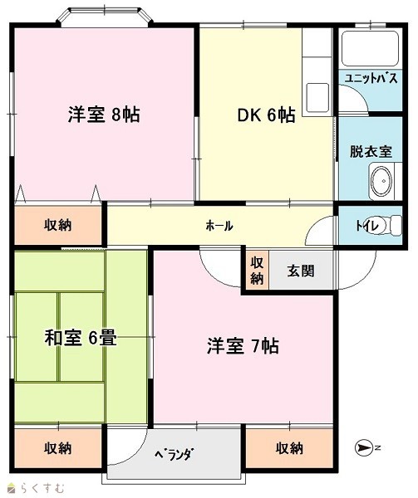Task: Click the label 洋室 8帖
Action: pyautogui.click(x=104, y=115)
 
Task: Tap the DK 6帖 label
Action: pyautogui.click(x=267, y=115)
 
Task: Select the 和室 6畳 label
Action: pyautogui.click(x=81, y=338)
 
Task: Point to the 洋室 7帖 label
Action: pyautogui.click(x=243, y=346)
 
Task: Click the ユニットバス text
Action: pyautogui.click(x=371, y=78)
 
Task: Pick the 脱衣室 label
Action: pyautogui.click(x=371, y=152)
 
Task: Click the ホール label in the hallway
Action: pyautogui.click(x=219, y=226)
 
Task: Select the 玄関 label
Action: pyautogui.click(x=301, y=271)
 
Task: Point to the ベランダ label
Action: pyautogui.click(x=174, y=455)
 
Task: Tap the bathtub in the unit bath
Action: pyautogui.click(x=371, y=48)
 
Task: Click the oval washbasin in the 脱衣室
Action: pyautogui.click(x=381, y=180)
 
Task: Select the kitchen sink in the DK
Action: pyautogui.click(x=317, y=97)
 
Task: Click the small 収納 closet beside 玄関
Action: pyautogui.click(x=257, y=271)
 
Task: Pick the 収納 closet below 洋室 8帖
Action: pyautogui.click(x=58, y=225)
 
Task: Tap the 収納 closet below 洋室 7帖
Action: pyautogui.click(x=289, y=448)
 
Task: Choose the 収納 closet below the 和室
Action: pyautogui.click(x=58, y=448)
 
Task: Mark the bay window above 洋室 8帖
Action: pyautogui.click(x=105, y=16)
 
